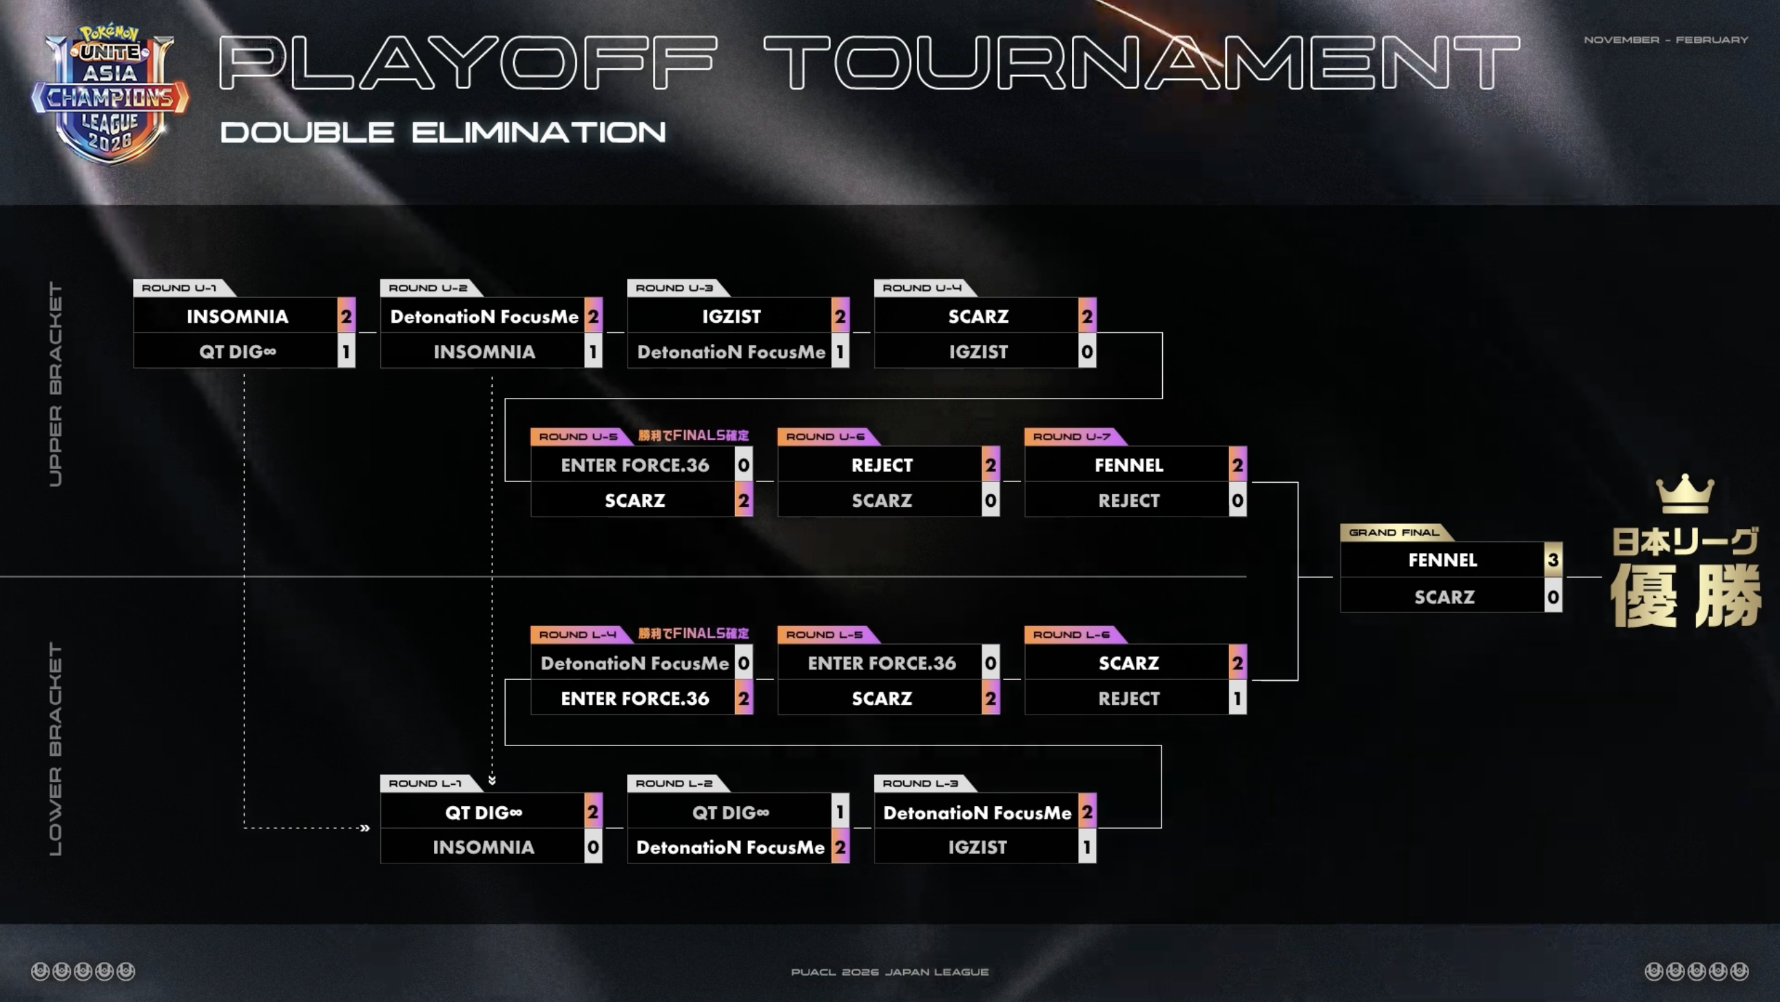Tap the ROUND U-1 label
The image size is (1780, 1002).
179,288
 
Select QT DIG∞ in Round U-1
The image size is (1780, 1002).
237,352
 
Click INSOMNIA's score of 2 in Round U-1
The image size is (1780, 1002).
346,317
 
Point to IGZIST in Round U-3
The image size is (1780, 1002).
731,317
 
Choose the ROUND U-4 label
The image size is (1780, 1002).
921,288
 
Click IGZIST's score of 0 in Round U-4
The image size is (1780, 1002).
1087,352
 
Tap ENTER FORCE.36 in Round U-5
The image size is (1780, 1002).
634,465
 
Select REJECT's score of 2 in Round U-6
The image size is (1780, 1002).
990,465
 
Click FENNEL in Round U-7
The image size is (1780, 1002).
1128,465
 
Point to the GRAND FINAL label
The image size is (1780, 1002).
1393,532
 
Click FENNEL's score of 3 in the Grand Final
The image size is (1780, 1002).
1553,560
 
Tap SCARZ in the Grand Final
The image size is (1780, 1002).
1443,597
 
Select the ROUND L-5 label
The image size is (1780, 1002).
824,635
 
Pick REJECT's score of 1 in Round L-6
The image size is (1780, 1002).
1237,699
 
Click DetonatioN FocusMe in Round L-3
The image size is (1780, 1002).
976,812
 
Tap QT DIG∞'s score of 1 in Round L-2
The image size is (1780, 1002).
840,812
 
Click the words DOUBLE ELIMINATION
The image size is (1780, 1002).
442,132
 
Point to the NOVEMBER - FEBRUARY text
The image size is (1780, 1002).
1665,40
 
